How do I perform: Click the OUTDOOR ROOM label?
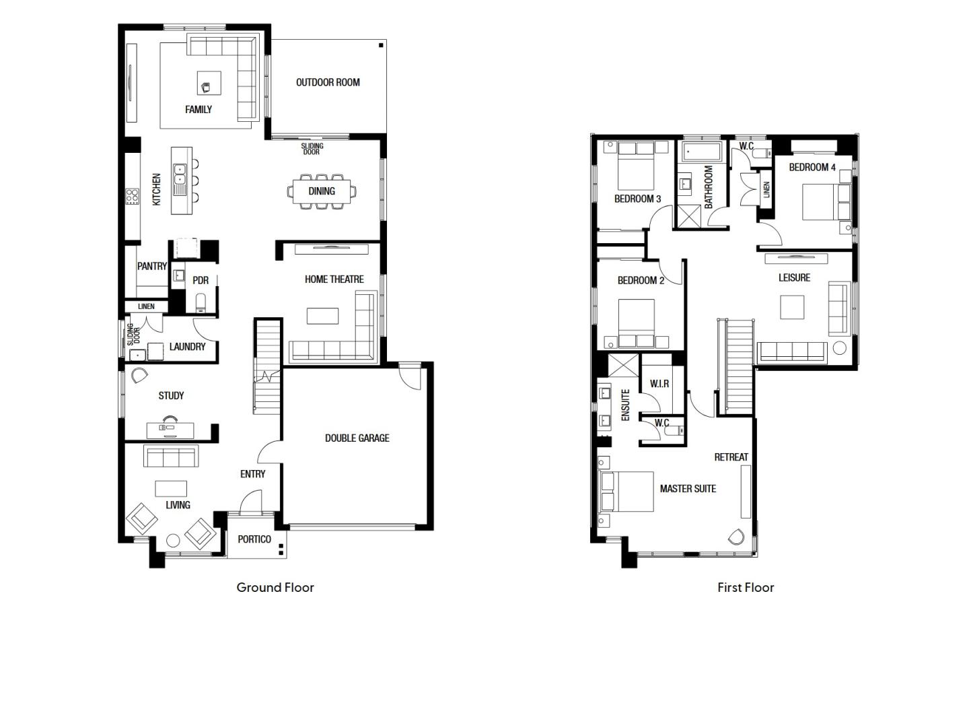click(x=328, y=82)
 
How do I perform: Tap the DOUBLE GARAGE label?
click(x=357, y=438)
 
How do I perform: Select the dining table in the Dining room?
click(x=322, y=191)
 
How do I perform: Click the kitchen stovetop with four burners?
click(x=133, y=196)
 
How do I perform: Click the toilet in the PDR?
click(x=201, y=302)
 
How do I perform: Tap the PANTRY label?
click(x=152, y=266)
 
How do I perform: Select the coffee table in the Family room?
click(x=209, y=83)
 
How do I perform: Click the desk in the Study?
click(x=170, y=431)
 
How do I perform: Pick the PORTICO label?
click(x=254, y=539)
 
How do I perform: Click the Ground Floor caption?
click(x=275, y=588)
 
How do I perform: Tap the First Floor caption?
click(x=746, y=588)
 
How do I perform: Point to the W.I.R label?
click(x=659, y=384)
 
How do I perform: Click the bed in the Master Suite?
click(x=626, y=492)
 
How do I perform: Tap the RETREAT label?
click(x=731, y=457)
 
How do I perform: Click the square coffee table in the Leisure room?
click(x=792, y=307)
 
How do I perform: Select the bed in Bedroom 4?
click(x=826, y=202)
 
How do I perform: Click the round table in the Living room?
click(x=173, y=541)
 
